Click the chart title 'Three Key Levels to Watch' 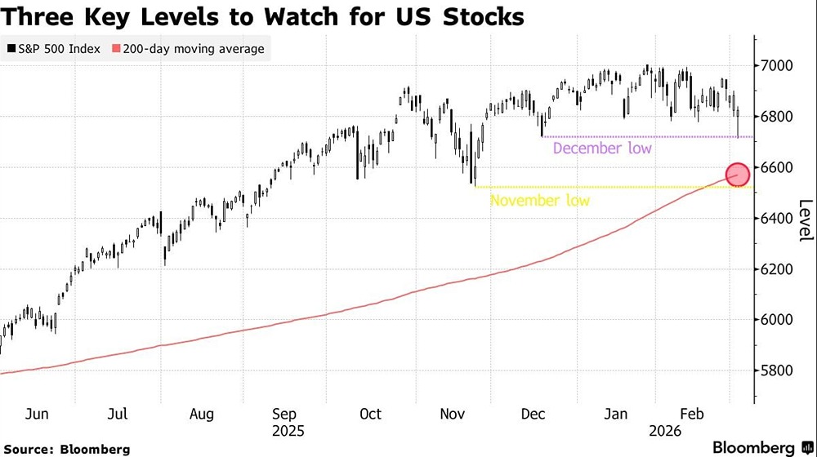pos(262,16)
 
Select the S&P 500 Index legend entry pos(54,49)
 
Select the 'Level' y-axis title pos(805,220)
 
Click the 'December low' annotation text pos(602,149)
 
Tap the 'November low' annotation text pos(539,200)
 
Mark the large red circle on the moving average pos(737,175)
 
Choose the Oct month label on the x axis pos(371,414)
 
